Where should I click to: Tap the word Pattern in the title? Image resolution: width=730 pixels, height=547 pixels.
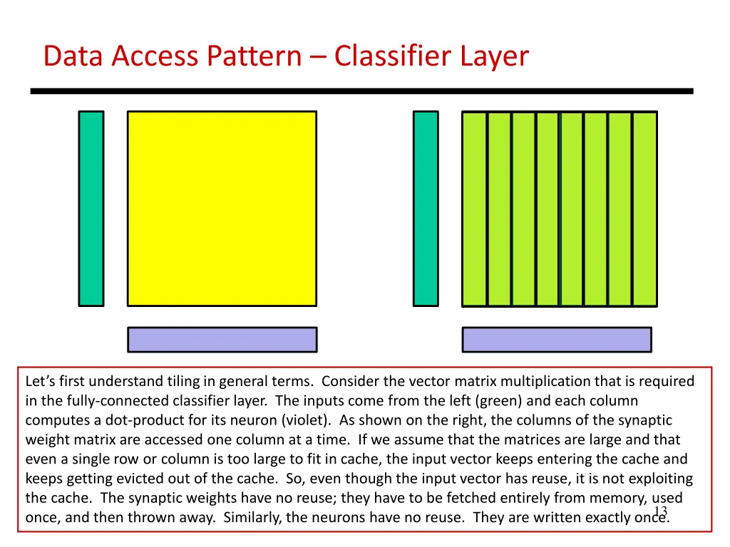coord(254,56)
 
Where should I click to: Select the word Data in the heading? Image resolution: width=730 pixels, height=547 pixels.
coord(74,56)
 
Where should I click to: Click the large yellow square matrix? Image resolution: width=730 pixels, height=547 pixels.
coord(222,209)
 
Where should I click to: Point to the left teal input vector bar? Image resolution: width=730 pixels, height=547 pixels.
coord(91,209)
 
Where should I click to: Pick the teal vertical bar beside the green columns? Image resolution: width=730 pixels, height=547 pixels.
coord(426,209)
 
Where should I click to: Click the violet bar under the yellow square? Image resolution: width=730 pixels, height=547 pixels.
coord(222,340)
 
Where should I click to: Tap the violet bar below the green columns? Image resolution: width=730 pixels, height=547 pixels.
coord(557,340)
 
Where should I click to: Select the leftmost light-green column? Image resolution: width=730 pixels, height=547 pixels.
coord(474,209)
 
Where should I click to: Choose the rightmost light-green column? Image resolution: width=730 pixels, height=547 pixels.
coord(644,209)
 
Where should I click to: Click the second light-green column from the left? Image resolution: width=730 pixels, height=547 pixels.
coord(499,209)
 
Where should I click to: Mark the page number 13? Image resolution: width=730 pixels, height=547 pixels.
coord(659,511)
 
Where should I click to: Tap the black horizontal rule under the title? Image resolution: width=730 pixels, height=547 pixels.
coord(361,91)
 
